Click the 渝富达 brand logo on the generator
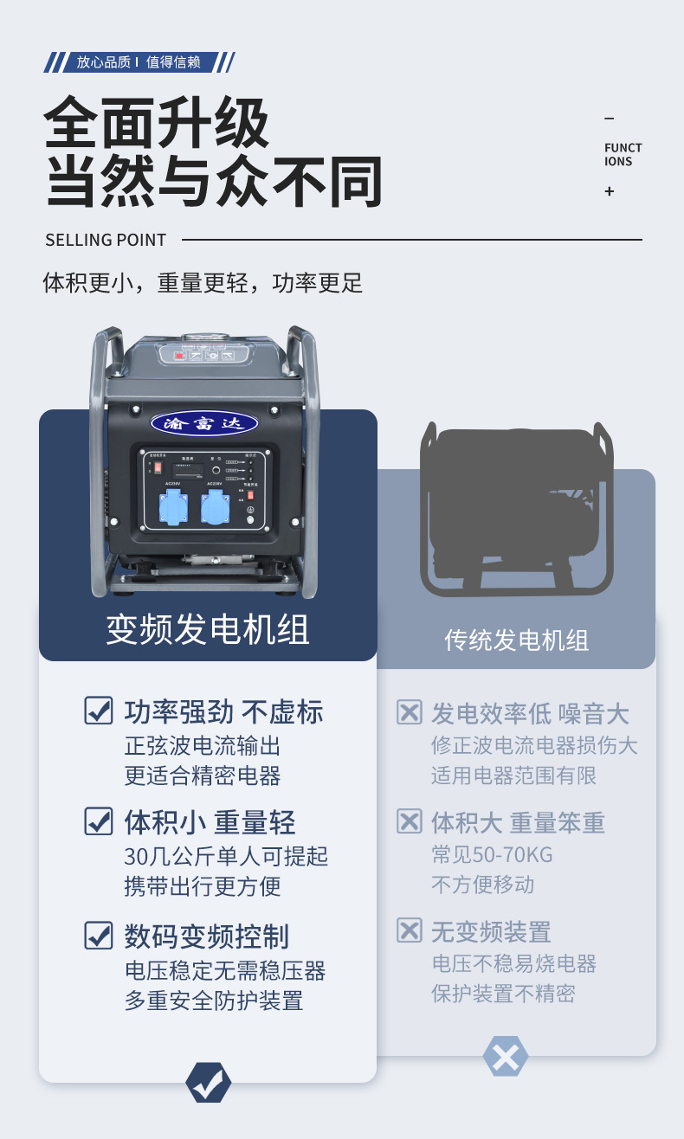click(204, 423)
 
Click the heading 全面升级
click(157, 124)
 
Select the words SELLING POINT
click(106, 240)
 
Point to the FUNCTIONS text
click(623, 154)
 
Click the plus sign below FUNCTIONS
click(610, 191)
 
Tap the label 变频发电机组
click(208, 629)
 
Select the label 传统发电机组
click(516, 640)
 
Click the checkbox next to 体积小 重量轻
click(99, 820)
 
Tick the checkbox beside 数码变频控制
click(99, 935)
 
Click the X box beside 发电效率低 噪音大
click(409, 712)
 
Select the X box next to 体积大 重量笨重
click(409, 820)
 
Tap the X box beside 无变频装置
click(409, 930)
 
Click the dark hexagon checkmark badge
click(209, 1082)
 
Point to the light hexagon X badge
click(506, 1056)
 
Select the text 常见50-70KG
click(492, 855)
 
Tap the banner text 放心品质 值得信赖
click(139, 62)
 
